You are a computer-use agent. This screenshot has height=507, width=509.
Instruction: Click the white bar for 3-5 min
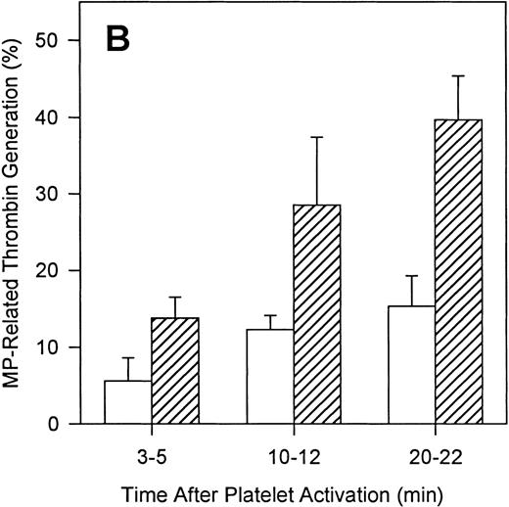[x=127, y=402]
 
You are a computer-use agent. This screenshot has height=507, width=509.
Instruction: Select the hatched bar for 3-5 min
[x=172, y=371]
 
